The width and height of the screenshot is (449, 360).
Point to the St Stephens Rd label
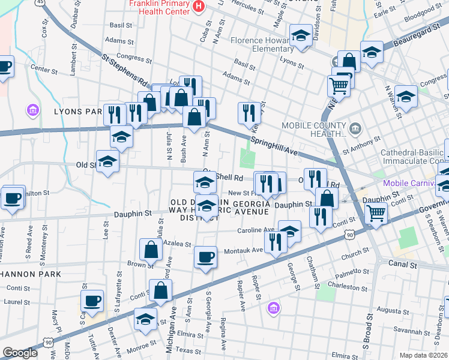(x=124, y=70)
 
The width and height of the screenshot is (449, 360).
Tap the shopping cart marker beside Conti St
(x=376, y=212)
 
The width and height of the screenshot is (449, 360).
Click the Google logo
(x=20, y=353)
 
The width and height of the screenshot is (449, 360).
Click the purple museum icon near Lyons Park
(x=32, y=110)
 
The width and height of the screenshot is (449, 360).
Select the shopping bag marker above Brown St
(x=151, y=249)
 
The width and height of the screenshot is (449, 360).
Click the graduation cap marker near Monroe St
(x=145, y=319)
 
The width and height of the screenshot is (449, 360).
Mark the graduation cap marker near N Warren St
(x=406, y=96)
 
